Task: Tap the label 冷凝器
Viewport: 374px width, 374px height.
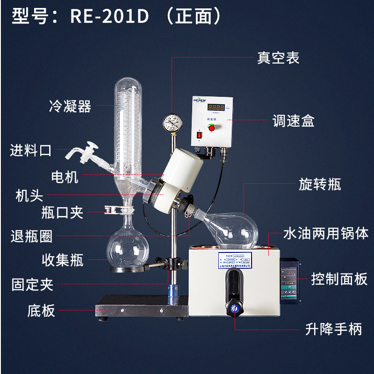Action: (70, 106)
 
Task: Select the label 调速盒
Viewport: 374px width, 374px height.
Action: (294, 121)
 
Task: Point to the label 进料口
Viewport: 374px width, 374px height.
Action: (31, 151)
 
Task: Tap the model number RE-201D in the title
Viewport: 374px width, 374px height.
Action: (109, 17)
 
